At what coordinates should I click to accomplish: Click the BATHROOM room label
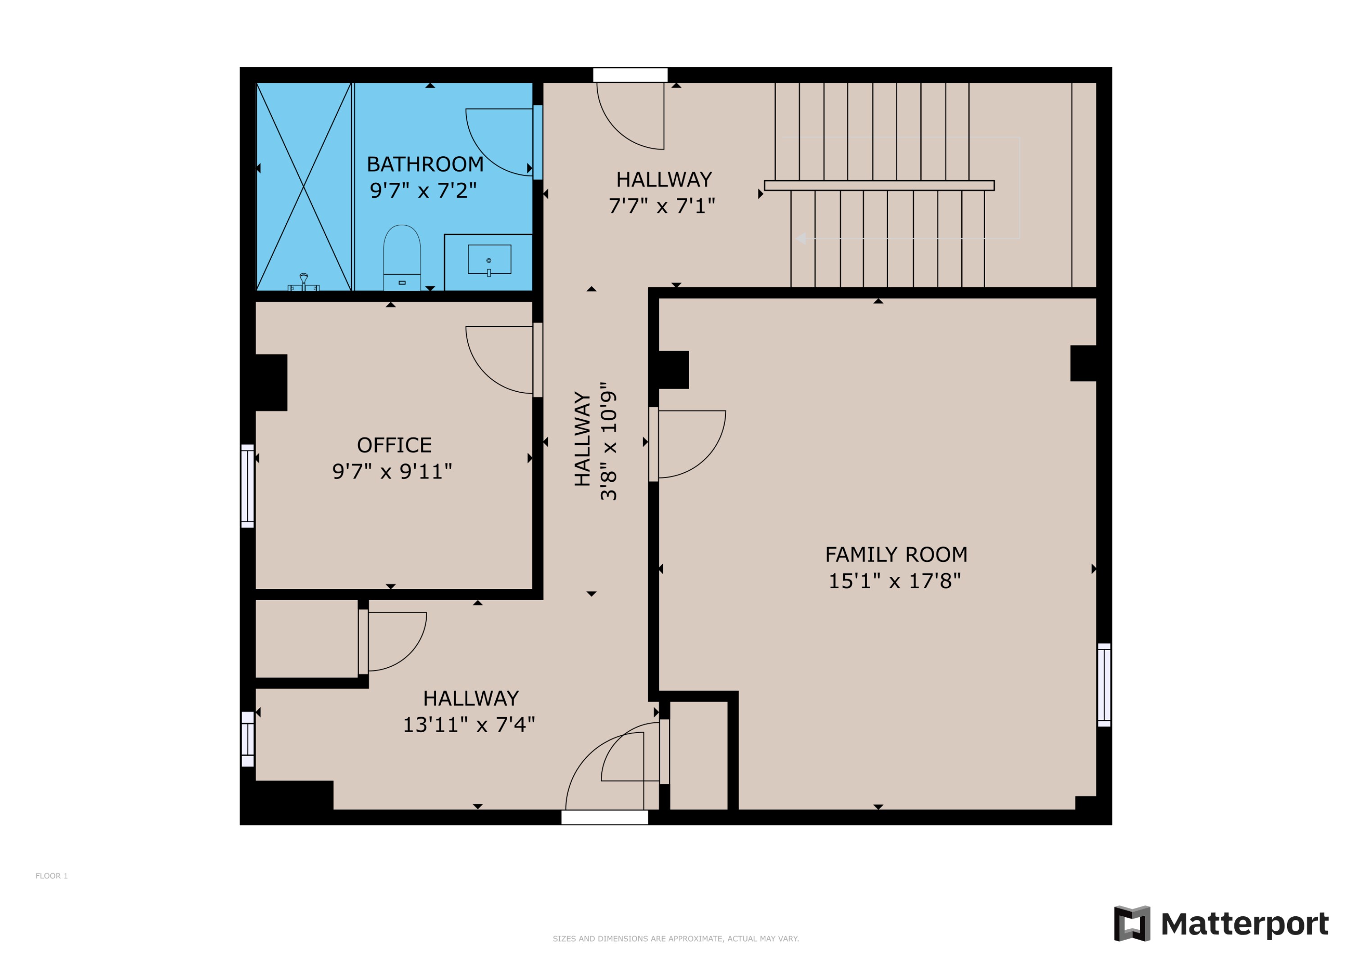425,164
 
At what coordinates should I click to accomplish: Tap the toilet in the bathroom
402,257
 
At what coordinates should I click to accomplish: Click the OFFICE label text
394,445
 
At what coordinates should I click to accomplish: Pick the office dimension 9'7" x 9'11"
392,472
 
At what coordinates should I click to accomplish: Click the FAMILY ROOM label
895,555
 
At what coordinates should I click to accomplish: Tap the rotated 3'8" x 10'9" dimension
608,441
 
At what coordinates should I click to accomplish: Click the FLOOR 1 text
51,876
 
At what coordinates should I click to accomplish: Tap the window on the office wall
247,486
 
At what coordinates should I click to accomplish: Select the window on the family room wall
1104,685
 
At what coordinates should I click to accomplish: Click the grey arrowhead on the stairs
801,238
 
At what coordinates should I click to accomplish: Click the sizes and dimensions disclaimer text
676,938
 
